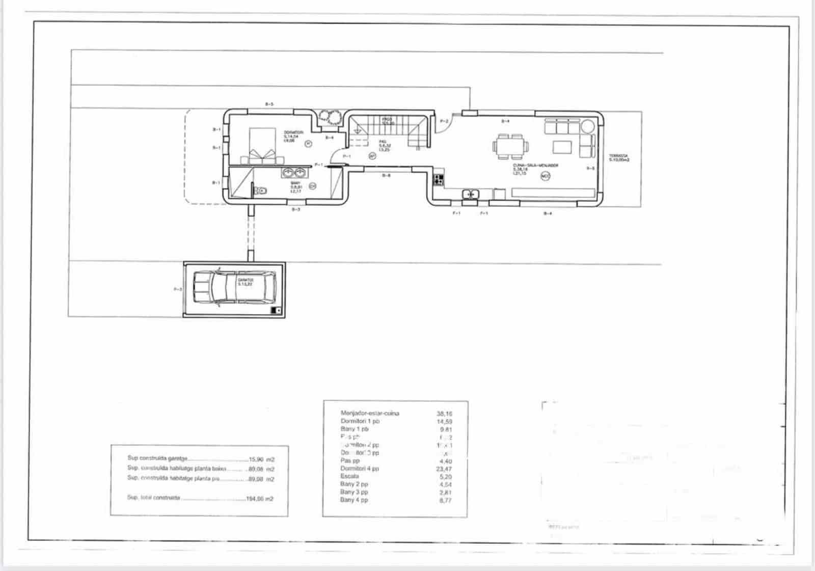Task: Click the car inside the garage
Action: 234,288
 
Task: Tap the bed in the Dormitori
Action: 263,145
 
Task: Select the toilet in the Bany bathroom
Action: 261,191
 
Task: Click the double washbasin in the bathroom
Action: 293,172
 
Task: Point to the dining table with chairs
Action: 510,146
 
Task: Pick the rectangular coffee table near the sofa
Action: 563,147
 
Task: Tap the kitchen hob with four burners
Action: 439,179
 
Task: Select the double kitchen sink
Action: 471,194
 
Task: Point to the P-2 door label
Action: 444,121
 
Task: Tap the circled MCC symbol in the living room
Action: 546,176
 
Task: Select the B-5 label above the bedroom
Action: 269,104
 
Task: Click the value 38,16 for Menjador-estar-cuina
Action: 444,414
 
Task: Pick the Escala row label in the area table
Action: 349,476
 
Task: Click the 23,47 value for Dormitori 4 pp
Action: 444,469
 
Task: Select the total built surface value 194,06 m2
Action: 260,499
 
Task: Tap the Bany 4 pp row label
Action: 354,500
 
